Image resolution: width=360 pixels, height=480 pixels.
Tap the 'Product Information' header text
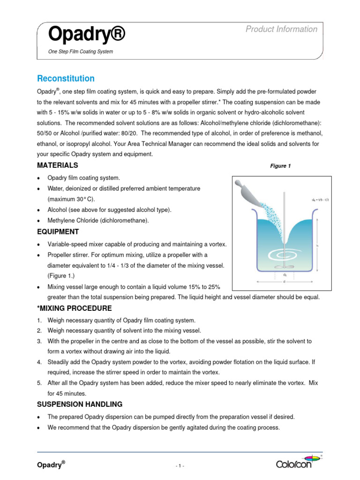click(x=281, y=29)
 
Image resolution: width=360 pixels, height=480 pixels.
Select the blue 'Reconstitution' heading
click(x=66, y=78)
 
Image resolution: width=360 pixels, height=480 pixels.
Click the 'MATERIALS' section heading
click(x=58, y=165)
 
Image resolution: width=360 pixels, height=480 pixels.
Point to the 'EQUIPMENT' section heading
click(x=58, y=232)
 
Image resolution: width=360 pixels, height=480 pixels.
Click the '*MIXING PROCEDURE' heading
click(x=75, y=308)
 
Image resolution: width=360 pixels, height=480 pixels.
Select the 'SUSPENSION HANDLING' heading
click(x=80, y=404)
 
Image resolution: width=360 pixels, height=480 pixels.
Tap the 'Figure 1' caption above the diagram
click(x=280, y=166)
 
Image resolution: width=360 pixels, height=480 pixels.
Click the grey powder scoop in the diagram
click(x=249, y=190)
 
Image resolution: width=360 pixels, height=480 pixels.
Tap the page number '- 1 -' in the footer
click(x=180, y=466)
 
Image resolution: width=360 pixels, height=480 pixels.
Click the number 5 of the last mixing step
click(x=40, y=383)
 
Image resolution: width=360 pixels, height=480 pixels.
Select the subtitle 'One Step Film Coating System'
click(x=81, y=52)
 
